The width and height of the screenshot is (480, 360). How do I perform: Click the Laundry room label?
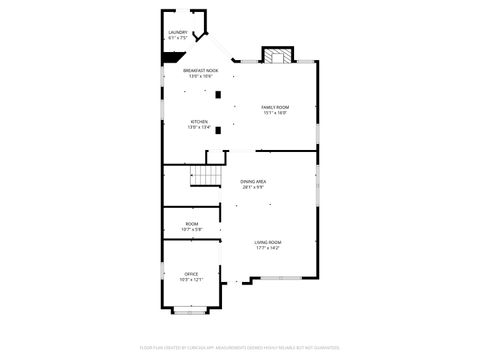coord(178,32)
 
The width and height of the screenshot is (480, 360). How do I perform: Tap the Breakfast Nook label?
coord(201,69)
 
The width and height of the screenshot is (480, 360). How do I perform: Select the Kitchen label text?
coord(198,122)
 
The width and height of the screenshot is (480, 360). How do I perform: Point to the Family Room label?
coord(275,107)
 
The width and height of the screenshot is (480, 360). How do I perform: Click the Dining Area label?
coord(253,181)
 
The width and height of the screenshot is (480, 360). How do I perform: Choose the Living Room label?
coord(267,242)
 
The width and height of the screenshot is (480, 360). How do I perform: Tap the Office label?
coord(191,273)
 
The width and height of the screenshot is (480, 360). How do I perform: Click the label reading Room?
coord(191,224)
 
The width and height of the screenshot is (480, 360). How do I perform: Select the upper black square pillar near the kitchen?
coord(218,94)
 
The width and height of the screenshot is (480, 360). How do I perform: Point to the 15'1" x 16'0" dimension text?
coord(275,113)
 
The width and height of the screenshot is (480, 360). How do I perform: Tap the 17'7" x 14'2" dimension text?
coord(267,248)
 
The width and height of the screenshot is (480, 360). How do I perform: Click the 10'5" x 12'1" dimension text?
coord(191,279)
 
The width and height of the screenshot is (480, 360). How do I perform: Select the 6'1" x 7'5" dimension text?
coord(178,38)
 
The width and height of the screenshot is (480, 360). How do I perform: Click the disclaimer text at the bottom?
coord(240,349)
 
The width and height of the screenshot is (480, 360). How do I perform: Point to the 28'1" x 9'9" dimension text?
coord(253,187)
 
